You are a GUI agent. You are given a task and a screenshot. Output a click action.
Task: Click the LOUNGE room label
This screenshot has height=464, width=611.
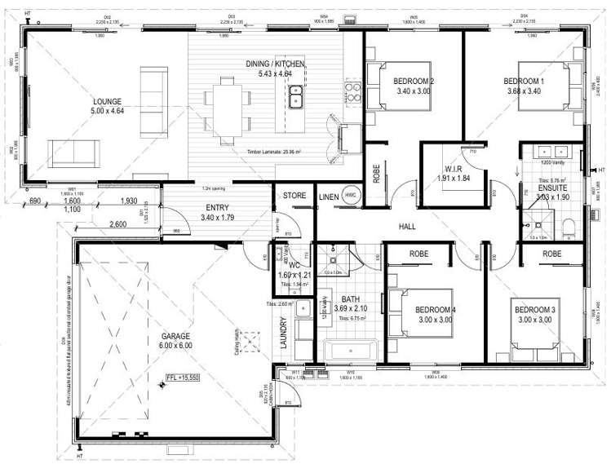click(108, 102)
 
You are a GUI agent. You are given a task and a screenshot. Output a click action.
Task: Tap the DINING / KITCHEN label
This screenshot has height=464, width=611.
click(276, 64)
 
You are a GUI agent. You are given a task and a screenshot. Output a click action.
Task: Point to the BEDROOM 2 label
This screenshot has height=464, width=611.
click(413, 81)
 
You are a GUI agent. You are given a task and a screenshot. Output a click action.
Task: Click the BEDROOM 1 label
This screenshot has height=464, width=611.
click(523, 81)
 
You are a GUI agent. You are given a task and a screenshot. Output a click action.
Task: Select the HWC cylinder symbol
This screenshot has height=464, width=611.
click(350, 196)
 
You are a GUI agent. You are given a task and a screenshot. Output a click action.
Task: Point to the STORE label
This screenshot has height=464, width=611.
click(293, 196)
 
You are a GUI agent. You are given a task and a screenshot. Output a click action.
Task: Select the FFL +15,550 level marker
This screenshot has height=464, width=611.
click(184, 378)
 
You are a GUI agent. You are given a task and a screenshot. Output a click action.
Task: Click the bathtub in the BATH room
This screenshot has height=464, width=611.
click(349, 351)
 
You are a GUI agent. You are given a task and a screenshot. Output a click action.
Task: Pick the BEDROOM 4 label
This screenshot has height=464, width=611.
click(435, 310)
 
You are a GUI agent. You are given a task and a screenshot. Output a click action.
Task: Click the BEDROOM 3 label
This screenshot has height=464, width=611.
click(534, 310)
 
